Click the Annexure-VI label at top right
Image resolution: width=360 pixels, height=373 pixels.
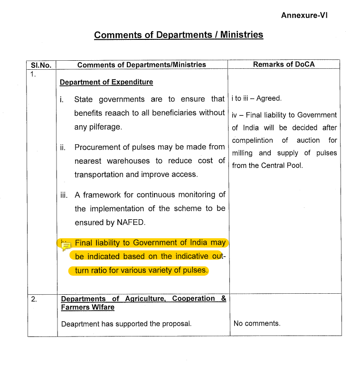click(x=304, y=15)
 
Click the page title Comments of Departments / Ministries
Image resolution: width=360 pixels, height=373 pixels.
click(x=178, y=35)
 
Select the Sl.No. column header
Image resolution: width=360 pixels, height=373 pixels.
click(x=40, y=65)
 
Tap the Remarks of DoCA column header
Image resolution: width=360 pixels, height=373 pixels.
click(x=284, y=64)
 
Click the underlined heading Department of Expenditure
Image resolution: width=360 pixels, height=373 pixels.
click(x=106, y=82)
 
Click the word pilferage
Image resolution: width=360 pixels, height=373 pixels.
click(x=105, y=127)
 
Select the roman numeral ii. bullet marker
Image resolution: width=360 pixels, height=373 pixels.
click(x=63, y=148)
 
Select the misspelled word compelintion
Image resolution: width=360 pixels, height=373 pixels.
click(x=252, y=140)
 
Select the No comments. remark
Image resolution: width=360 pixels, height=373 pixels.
click(x=257, y=324)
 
